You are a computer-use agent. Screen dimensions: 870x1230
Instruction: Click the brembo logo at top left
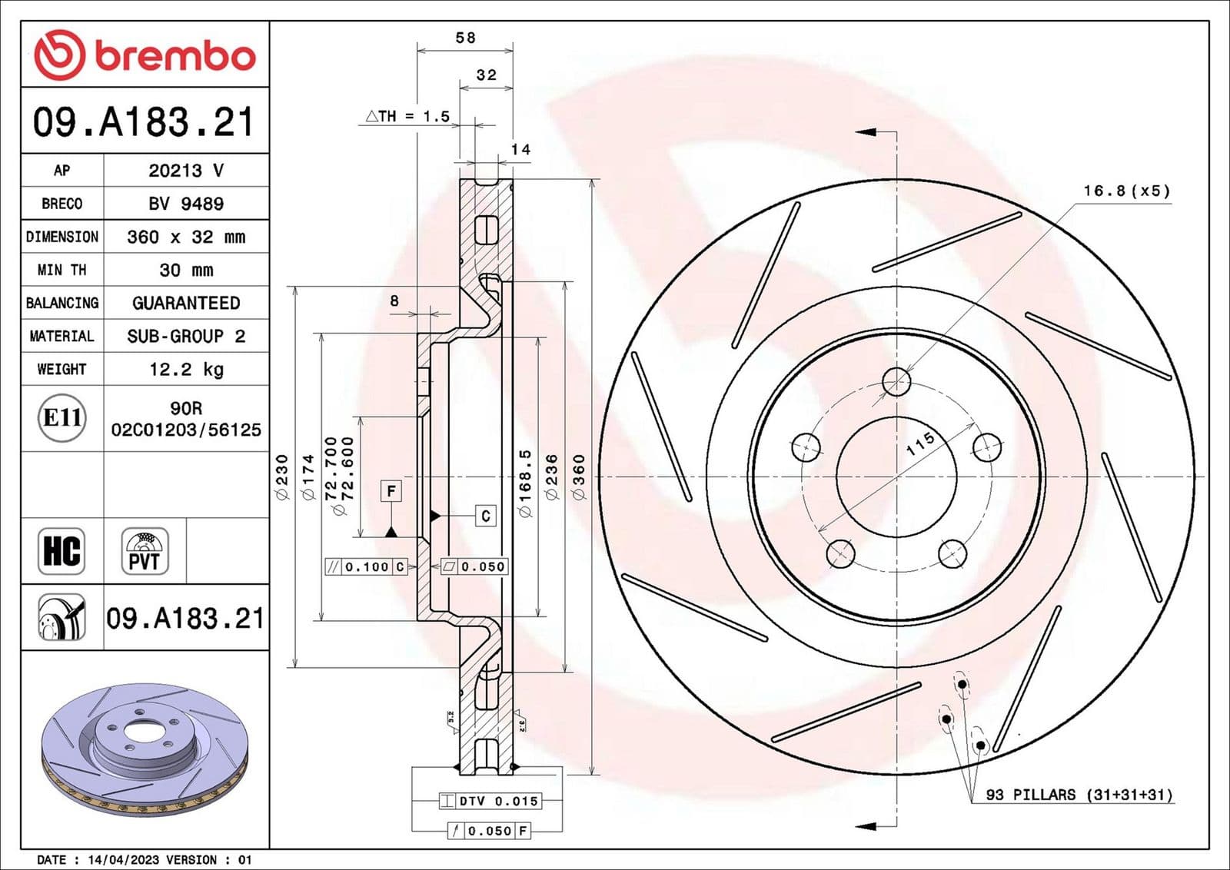point(145,55)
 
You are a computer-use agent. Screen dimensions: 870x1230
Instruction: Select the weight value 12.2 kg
point(186,370)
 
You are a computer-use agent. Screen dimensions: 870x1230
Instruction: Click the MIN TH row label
point(61,270)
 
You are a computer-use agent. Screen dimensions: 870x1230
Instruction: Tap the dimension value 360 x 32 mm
point(186,237)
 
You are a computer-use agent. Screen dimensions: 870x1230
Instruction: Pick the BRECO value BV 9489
point(186,204)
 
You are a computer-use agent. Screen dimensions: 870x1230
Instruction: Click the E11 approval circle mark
point(61,418)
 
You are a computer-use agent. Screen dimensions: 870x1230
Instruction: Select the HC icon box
point(61,551)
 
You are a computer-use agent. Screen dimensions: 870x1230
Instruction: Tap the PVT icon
point(145,551)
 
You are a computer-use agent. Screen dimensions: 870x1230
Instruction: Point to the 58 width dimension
point(465,38)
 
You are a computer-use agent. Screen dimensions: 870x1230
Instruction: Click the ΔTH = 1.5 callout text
point(407,116)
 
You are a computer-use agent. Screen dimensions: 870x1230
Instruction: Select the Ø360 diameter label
point(579,477)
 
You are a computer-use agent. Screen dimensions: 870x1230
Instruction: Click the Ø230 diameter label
point(281,477)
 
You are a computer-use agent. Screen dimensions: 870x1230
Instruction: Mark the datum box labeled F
point(391,490)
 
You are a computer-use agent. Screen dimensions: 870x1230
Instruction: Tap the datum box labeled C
point(485,516)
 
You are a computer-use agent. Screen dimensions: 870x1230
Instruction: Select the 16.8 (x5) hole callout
point(1126,191)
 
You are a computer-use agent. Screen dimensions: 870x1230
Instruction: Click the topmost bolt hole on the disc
point(896,380)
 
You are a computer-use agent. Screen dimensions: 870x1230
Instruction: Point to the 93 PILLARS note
point(1079,795)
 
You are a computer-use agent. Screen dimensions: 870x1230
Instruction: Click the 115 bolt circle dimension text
point(919,443)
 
